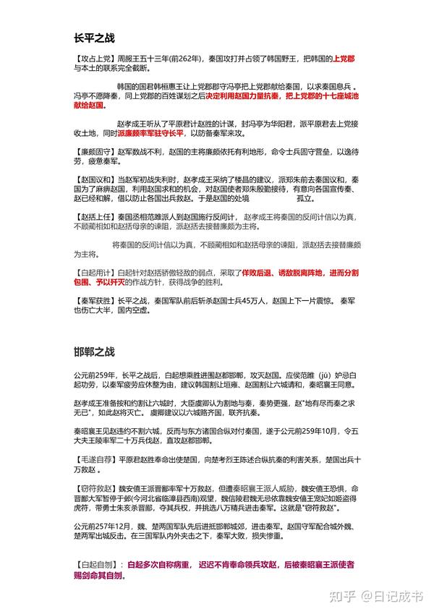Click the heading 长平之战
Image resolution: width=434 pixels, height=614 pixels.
click(94, 38)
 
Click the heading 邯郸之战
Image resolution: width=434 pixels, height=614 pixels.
click(94, 352)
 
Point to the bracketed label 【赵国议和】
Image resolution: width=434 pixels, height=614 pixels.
click(93, 179)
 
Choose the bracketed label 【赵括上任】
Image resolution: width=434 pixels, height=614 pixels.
click(93, 216)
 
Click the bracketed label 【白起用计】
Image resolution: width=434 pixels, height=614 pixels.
click(93, 272)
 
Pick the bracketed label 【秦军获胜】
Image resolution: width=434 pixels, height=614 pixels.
click(93, 299)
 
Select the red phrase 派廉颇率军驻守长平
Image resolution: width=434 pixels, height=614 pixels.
click(151, 133)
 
